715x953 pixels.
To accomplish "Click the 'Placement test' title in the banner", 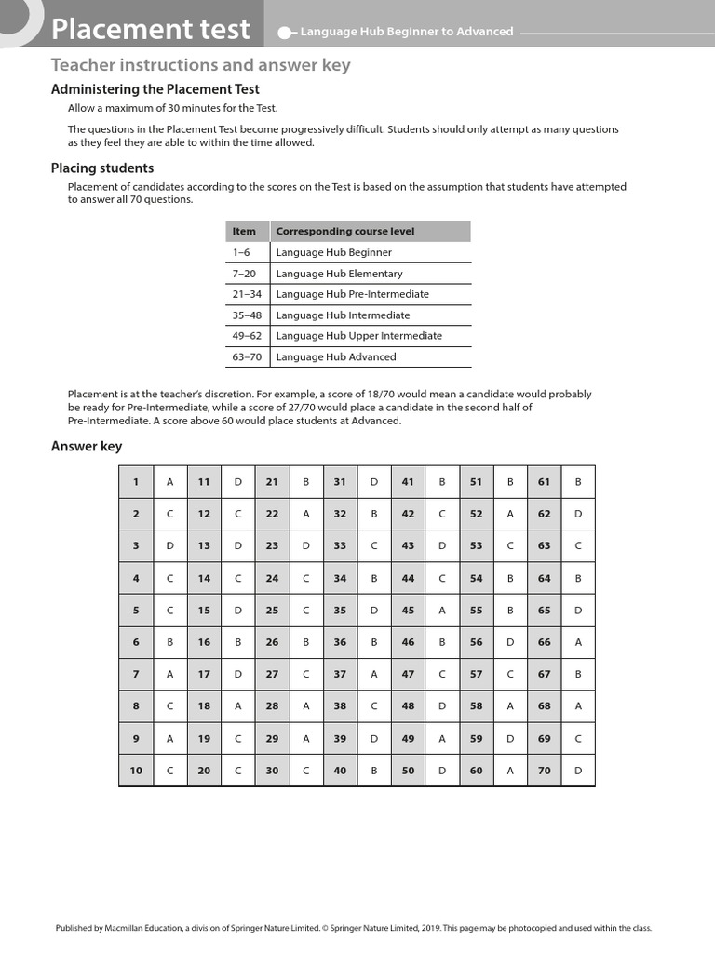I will click(x=151, y=29).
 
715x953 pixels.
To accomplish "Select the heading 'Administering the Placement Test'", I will click(x=155, y=89).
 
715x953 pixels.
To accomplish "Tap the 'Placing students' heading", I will click(x=102, y=168).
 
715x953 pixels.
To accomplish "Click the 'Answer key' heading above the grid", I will click(x=87, y=447).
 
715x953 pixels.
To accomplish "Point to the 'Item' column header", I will click(x=244, y=231).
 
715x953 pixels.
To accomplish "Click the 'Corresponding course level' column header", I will click(x=345, y=231).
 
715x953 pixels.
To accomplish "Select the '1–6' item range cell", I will click(x=241, y=252).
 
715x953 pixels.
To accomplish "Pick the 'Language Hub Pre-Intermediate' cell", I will click(x=353, y=294).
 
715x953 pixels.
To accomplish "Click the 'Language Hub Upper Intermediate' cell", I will click(x=359, y=336).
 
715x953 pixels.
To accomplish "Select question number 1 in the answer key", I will click(x=136, y=481).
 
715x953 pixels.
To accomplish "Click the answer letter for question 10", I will click(x=170, y=771).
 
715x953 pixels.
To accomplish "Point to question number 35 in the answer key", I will click(x=340, y=611).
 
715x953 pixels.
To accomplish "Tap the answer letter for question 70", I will click(x=578, y=771).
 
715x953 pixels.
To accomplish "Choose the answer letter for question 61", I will click(x=578, y=481).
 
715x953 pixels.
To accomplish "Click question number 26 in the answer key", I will click(x=272, y=642).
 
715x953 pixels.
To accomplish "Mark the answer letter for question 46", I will click(x=442, y=642).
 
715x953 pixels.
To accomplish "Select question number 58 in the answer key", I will click(x=476, y=706).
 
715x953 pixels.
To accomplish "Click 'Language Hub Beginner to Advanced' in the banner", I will click(x=406, y=32).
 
